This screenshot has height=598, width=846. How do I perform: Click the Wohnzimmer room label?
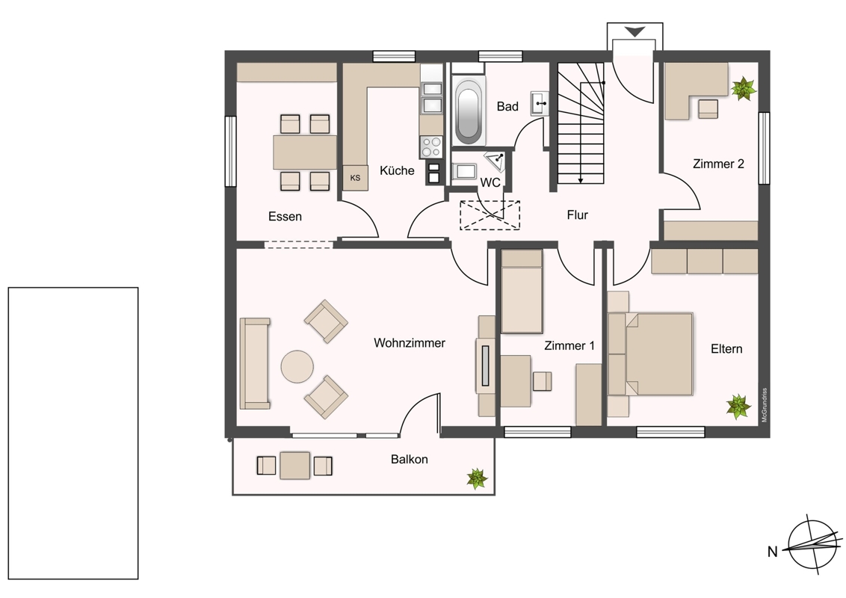410,343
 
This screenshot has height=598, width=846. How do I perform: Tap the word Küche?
397,170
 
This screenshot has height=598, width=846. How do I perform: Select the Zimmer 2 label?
718,164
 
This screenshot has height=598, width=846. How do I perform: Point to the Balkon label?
410,459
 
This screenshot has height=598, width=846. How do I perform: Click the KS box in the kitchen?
355,178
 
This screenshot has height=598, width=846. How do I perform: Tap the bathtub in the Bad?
468,111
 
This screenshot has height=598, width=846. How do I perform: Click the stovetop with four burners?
431,147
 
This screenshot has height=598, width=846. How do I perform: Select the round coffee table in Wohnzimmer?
297,366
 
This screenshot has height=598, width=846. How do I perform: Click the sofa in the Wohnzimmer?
255,363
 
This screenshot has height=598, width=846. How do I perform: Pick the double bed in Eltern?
650,354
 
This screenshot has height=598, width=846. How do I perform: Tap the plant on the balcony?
477,478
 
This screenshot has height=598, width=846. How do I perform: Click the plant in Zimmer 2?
744,88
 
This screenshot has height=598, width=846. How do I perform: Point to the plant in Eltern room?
738,407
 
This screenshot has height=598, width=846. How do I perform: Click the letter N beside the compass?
773,552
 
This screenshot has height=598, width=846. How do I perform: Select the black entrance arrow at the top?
635,32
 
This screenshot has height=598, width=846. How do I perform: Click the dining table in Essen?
305,152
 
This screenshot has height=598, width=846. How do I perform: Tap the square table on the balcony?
295,465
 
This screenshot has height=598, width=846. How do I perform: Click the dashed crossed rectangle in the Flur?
490,215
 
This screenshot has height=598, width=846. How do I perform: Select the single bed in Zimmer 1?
522,292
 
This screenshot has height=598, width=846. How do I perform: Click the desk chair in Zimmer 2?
708,108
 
